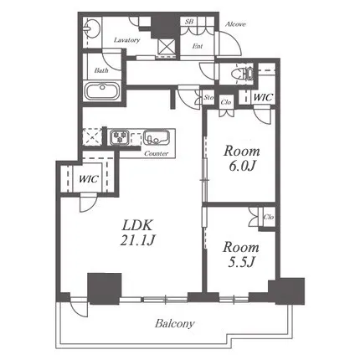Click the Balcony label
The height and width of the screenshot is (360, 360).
[x=175, y=324]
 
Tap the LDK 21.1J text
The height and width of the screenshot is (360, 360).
[x=137, y=233]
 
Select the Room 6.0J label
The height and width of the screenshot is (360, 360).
[x=242, y=158]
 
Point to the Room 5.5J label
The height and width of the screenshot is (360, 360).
[x=241, y=255]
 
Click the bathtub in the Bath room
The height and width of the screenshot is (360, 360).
[x=102, y=90]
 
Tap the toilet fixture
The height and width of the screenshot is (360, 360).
[x=243, y=74]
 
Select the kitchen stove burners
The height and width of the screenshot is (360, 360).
[x=120, y=137]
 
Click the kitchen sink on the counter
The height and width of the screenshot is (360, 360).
[x=157, y=137]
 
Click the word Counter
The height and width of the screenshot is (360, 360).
[x=157, y=153]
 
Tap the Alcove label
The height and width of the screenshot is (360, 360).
[x=235, y=24]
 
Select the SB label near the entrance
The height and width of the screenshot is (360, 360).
[x=189, y=22]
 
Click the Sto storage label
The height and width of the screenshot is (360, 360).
[x=208, y=97]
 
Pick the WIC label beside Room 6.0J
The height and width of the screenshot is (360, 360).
[x=263, y=97]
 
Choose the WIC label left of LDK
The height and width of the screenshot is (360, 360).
[x=88, y=178]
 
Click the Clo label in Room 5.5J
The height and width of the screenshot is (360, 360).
[x=269, y=217]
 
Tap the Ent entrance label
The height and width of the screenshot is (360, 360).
[x=198, y=46]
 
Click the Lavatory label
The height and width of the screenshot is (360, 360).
[x=126, y=40]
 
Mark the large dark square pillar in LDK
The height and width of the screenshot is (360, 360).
[x=105, y=289]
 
